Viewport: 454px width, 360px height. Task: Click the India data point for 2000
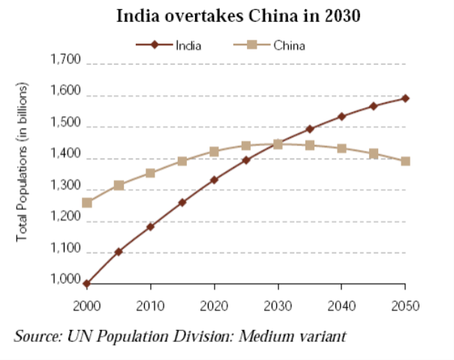[x=87, y=284]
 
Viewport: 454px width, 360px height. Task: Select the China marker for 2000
[x=87, y=202]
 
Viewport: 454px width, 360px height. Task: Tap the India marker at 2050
[x=405, y=98]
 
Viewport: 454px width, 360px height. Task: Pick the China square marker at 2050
[x=405, y=161]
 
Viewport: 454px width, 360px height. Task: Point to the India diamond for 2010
[x=151, y=226]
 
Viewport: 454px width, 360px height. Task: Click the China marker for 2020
[x=215, y=152]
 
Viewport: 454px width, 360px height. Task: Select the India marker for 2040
[x=341, y=116]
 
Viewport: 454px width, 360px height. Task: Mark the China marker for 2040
[x=341, y=148]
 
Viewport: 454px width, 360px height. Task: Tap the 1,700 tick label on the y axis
[x=65, y=60]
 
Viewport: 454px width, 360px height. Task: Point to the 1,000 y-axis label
[x=65, y=280]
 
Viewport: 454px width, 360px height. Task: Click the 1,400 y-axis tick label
[x=65, y=154]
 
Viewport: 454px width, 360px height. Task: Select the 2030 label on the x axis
[x=278, y=305]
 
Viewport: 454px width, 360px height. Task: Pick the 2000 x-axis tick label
[x=87, y=305]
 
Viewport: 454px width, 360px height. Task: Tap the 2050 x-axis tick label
[x=405, y=305]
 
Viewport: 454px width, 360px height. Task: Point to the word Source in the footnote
[x=36, y=334]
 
